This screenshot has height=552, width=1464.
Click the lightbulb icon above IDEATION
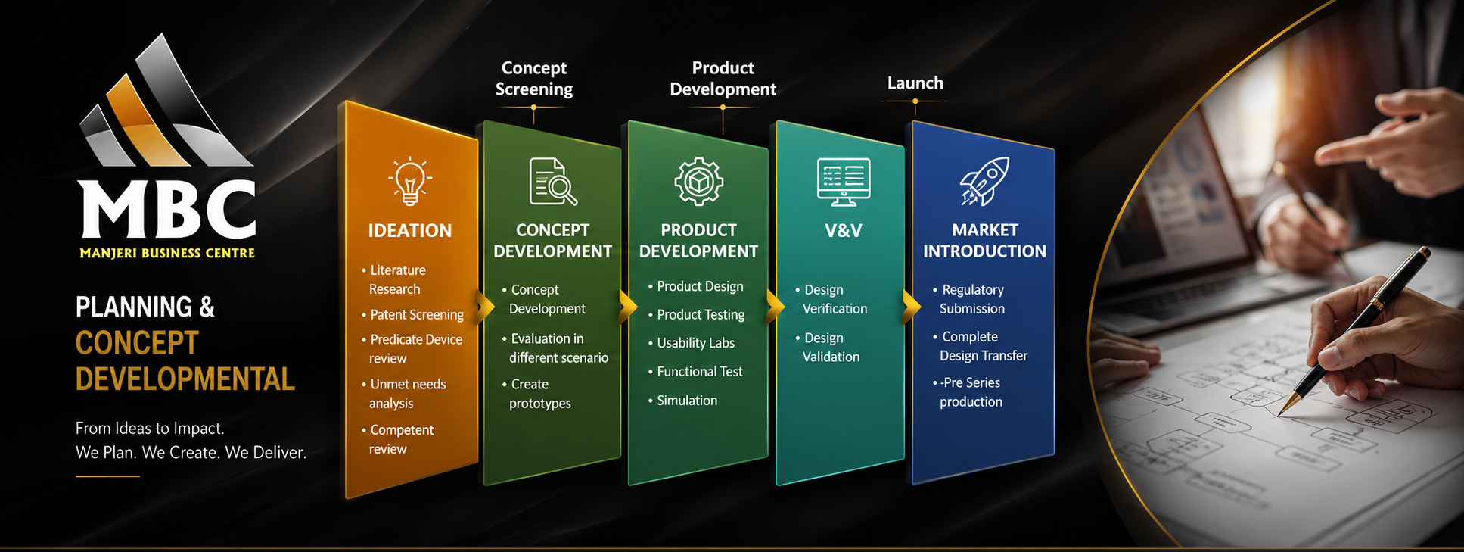410,182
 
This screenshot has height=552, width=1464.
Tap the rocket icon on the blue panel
984,181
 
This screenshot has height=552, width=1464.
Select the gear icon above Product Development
698,182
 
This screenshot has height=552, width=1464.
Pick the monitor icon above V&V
844,182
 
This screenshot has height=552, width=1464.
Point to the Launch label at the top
915,83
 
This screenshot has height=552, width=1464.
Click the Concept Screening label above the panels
534,78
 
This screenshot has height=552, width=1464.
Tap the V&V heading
844,230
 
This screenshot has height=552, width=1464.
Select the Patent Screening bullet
412,314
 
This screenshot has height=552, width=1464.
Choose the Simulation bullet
682,400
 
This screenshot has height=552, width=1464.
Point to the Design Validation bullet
827,347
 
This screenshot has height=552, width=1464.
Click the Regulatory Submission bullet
968,299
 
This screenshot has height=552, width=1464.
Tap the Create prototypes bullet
536,394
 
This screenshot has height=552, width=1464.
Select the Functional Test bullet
695,371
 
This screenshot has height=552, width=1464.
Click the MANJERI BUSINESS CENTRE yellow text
167,253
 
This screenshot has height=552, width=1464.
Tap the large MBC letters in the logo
167,208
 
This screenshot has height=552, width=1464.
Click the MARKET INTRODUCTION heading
984,240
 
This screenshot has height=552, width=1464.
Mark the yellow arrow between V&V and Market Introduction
912,306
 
